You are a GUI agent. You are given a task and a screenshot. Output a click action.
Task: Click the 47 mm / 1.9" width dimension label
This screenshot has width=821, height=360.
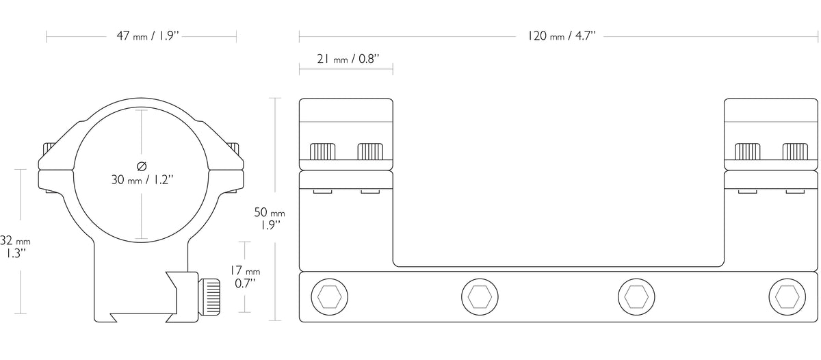pyautogui.click(x=148, y=36)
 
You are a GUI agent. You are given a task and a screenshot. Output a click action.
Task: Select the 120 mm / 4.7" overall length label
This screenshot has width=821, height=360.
pyautogui.click(x=561, y=36)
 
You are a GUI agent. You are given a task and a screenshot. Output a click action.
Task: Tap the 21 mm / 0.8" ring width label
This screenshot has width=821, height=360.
pyautogui.click(x=348, y=59)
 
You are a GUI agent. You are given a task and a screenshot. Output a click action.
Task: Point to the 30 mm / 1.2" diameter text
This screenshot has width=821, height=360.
pyautogui.click(x=142, y=179)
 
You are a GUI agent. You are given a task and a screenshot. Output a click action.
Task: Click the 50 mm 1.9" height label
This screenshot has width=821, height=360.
pyautogui.click(x=270, y=218)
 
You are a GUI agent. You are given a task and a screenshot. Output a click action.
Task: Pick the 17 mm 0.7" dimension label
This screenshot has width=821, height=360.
pyautogui.click(x=245, y=277)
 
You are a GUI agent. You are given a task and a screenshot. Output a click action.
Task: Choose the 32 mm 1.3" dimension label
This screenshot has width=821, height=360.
pyautogui.click(x=15, y=246)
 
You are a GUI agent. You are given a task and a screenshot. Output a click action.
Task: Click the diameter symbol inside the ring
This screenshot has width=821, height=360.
pyautogui.click(x=142, y=166)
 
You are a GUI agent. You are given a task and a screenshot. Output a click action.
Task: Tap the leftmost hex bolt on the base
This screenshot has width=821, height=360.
pyautogui.click(x=330, y=296)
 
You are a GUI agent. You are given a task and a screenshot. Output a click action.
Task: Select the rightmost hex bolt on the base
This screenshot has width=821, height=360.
pyautogui.click(x=787, y=296)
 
